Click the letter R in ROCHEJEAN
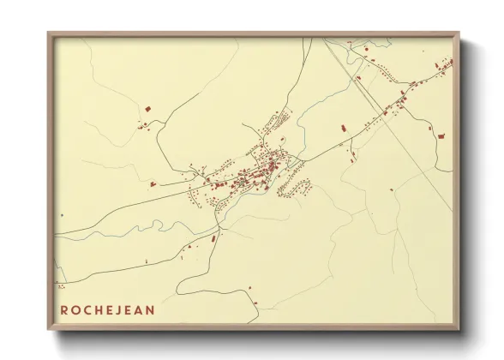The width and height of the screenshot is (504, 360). coord(64,309)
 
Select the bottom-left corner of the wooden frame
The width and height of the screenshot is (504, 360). coord(49,330)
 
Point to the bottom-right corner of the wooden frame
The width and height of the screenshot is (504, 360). coord(459,330)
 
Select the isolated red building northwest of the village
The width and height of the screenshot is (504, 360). coord(147,109)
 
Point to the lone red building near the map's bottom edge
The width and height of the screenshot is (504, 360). coord(250,288)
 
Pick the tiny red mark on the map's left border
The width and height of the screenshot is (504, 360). coord(60,214)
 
